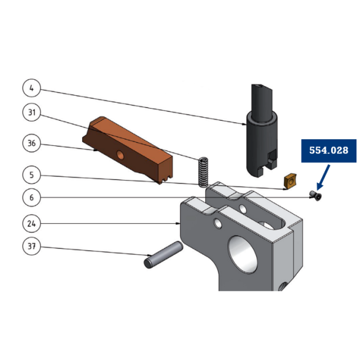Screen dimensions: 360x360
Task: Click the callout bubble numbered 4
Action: tap(32, 90)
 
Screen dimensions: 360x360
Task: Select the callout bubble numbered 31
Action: tap(32, 112)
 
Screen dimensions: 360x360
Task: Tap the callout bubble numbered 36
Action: tap(32, 143)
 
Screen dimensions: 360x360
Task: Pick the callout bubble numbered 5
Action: tap(32, 175)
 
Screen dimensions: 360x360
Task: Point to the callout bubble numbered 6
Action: tap(32, 198)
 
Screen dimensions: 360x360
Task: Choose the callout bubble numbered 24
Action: tap(32, 224)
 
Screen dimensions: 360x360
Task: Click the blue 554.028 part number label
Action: tap(329, 151)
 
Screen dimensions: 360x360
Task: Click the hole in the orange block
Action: tap(121, 155)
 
